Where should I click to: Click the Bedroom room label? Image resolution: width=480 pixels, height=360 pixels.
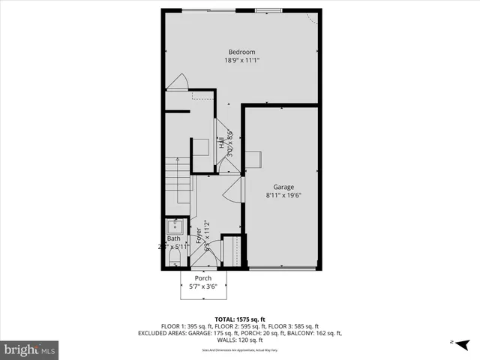tap(241, 52)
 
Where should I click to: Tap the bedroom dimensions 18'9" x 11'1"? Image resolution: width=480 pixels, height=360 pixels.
tap(241, 60)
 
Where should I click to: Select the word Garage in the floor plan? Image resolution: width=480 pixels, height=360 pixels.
tap(283, 187)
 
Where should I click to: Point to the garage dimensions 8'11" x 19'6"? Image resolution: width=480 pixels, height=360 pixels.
tap(283, 195)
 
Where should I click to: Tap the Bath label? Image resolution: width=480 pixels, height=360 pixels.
tap(173, 238)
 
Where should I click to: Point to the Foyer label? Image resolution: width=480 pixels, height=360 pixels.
tap(199, 239)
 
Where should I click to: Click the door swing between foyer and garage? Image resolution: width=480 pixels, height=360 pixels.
tap(232, 190)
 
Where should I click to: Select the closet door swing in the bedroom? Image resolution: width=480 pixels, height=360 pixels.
tap(177, 82)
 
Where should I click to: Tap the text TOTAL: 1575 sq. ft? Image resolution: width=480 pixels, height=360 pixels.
tap(240, 318)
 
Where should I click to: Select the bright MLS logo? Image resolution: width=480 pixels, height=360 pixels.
tap(30, 349)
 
